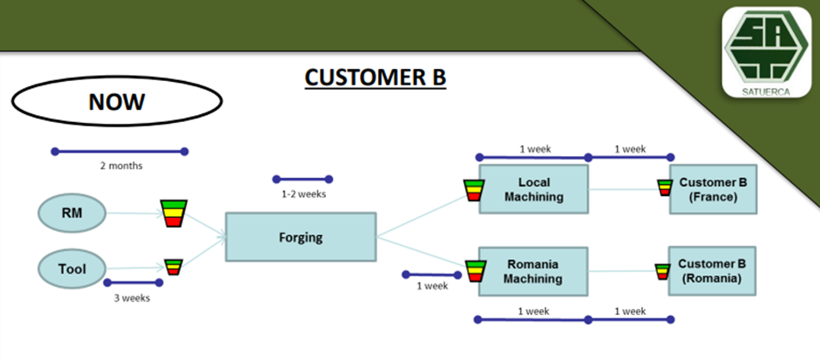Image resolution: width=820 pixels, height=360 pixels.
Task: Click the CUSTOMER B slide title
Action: [x=375, y=78]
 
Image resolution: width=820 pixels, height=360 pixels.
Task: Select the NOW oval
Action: [x=116, y=102]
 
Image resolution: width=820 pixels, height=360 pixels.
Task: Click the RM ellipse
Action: [x=72, y=212]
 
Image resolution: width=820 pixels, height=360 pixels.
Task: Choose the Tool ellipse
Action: [x=72, y=269]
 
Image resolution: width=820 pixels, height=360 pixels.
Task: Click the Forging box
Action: [x=301, y=235]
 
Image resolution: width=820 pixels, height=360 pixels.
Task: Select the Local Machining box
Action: [x=533, y=190]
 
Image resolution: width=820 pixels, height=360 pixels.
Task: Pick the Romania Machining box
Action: [x=533, y=271]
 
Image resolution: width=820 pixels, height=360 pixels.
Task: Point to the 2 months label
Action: [x=120, y=165]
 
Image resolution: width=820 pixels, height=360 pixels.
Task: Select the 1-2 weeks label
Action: [x=303, y=194]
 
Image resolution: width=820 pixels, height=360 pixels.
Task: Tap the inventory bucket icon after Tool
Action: [x=173, y=267]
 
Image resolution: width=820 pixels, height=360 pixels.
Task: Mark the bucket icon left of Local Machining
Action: [x=473, y=190]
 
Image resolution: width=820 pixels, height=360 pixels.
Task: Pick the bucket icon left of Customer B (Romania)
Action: [x=664, y=271]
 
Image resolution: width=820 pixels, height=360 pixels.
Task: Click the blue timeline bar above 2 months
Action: [x=120, y=152]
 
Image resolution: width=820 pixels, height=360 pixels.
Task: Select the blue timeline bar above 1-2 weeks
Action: [x=302, y=180]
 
